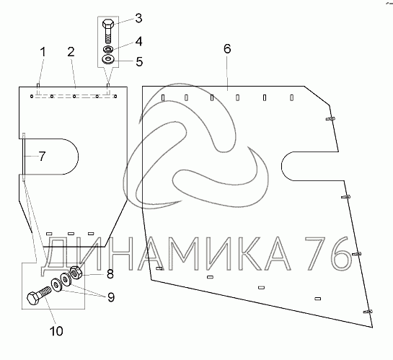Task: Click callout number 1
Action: tap(43, 53)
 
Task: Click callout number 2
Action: tap(71, 52)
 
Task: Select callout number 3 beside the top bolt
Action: tap(138, 18)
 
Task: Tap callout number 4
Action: tap(138, 41)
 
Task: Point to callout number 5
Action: tap(139, 61)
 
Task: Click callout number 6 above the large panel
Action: tap(227, 48)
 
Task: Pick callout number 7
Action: tap(43, 157)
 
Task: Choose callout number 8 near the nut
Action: tap(110, 274)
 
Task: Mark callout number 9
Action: tap(111, 297)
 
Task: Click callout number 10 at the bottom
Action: tap(57, 331)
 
